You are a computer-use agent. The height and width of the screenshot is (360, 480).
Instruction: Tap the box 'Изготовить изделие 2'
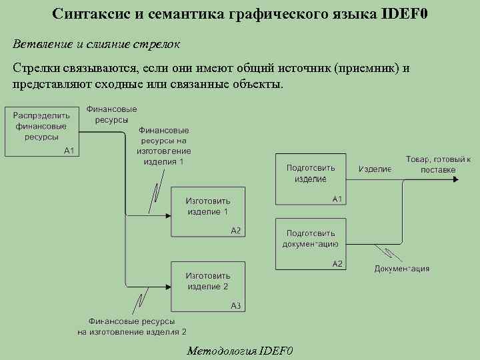[x=207, y=286]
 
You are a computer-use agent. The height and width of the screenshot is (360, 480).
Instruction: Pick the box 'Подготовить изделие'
[x=311, y=178]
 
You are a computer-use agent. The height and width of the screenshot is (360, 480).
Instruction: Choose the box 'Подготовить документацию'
[x=311, y=243]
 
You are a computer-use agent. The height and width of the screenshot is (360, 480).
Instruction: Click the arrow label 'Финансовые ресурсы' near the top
[x=112, y=114]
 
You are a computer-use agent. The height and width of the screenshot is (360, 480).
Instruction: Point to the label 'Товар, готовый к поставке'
[x=438, y=165]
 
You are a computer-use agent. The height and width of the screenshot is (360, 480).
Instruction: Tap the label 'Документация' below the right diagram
[x=401, y=269]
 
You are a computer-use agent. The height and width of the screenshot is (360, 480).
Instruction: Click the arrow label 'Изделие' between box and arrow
[x=375, y=169]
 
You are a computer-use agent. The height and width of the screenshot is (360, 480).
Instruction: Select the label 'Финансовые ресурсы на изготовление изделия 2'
[x=131, y=326]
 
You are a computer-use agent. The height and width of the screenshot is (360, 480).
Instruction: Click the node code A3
[x=235, y=306]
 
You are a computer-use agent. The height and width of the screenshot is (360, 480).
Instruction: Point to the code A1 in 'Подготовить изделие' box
[x=337, y=199]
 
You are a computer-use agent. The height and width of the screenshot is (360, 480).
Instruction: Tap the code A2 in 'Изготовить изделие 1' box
[x=235, y=231]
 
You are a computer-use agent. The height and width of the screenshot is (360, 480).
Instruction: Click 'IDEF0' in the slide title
[x=405, y=14]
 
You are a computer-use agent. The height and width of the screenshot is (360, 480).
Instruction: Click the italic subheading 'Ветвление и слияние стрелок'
[x=96, y=43]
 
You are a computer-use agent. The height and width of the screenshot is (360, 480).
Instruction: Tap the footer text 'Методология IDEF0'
[x=240, y=351]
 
